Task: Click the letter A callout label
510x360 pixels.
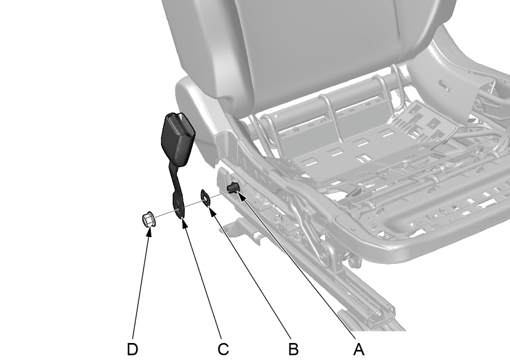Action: [359, 349]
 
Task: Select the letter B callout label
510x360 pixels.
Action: [293, 349]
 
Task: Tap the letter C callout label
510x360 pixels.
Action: [223, 349]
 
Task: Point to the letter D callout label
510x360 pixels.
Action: [132, 349]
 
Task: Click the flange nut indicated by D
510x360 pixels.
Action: [148, 220]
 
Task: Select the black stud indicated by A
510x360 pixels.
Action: [233, 188]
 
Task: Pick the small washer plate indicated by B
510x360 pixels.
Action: [206, 198]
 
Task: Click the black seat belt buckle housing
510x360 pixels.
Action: [178, 139]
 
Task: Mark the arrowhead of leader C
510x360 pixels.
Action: [184, 222]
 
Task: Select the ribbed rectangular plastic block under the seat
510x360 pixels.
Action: [426, 124]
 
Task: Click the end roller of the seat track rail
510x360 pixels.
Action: [379, 314]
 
